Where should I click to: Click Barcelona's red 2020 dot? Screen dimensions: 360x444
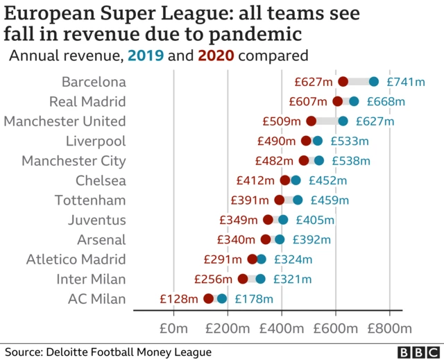(x=343, y=82)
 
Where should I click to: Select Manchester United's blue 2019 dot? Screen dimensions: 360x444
(x=343, y=121)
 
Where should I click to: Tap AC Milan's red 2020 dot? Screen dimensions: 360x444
(x=208, y=299)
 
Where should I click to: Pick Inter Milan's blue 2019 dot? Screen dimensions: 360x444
(x=260, y=279)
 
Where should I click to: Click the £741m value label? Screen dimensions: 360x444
(x=405, y=82)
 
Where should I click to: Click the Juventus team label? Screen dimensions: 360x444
(x=97, y=221)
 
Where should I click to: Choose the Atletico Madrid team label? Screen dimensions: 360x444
(x=76, y=259)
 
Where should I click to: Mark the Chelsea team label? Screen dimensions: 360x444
(x=101, y=181)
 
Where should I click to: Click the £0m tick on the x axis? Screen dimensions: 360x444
(x=173, y=327)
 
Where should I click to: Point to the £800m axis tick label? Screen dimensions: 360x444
(x=389, y=327)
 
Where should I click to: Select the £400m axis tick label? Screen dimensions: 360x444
(x=281, y=327)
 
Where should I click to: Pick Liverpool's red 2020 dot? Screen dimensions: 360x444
(x=306, y=141)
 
